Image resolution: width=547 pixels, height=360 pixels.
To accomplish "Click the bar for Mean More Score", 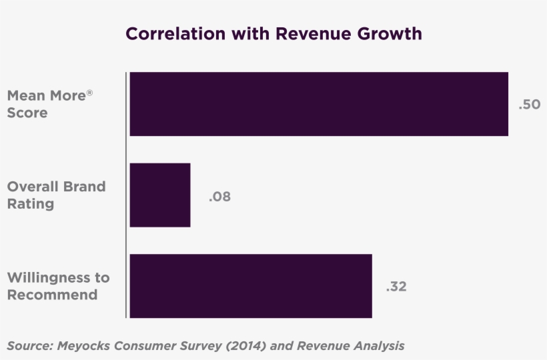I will point(319,104).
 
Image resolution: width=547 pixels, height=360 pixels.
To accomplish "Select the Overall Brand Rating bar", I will point(160,195).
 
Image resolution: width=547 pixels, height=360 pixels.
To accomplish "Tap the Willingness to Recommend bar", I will point(251,285).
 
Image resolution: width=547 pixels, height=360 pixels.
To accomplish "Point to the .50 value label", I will point(529,105).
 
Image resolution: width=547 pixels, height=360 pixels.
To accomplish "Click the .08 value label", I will point(219,197).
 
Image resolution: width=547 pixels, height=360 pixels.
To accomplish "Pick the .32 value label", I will point(396,287).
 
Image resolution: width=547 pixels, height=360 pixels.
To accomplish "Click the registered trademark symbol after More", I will point(89,92).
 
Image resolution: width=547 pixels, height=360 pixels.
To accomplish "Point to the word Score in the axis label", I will point(27,113).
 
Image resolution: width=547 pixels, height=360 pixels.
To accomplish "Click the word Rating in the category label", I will point(31,204).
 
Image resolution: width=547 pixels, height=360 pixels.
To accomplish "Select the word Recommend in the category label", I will point(52,295).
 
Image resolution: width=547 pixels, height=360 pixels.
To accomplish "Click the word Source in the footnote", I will point(30,346).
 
